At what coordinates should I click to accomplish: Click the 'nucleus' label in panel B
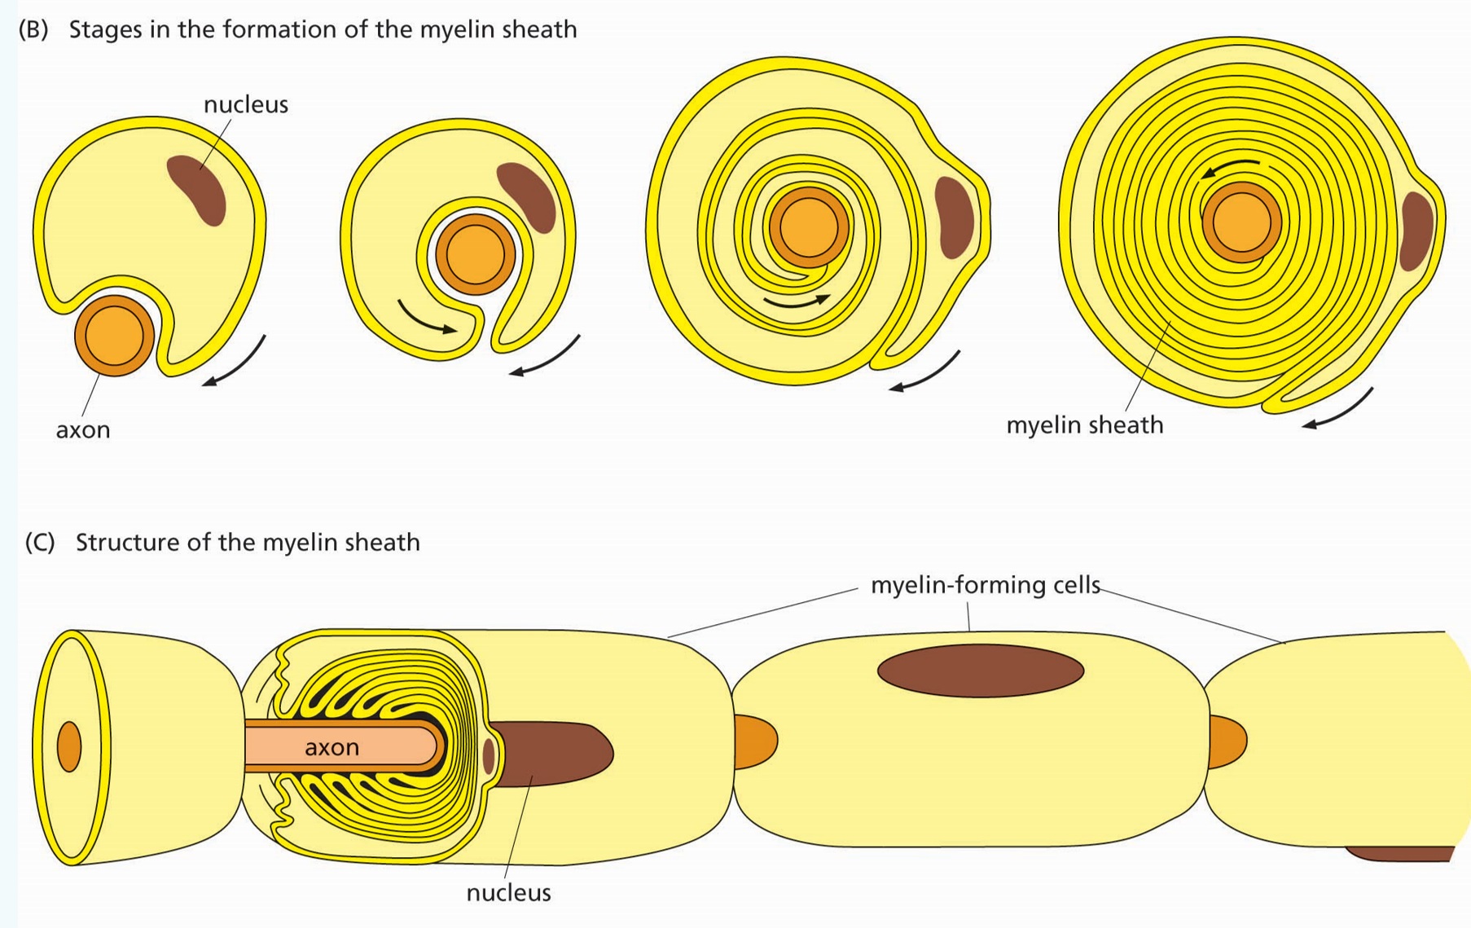click(x=245, y=104)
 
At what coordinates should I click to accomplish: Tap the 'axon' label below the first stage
click(x=82, y=430)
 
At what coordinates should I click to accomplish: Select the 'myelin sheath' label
click(x=1084, y=425)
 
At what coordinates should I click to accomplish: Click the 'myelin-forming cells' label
click(x=985, y=585)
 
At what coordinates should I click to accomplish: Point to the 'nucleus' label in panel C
click(x=508, y=893)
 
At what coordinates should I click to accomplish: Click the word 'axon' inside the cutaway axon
click(x=332, y=747)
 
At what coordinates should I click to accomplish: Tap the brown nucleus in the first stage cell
click(x=197, y=189)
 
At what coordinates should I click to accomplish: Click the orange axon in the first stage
click(x=114, y=335)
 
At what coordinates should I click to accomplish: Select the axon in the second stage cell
click(x=475, y=253)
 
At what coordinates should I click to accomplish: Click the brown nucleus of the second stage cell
click(x=527, y=196)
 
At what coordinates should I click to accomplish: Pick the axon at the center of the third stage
click(x=808, y=227)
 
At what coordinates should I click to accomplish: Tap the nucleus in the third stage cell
click(x=954, y=217)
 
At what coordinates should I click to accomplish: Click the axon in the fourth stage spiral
click(x=1241, y=222)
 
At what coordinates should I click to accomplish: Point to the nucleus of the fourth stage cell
click(x=1416, y=232)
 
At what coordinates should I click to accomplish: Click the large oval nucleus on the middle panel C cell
click(x=980, y=671)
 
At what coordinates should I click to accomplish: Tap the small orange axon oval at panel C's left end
click(x=69, y=746)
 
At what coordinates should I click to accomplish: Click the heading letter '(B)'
click(x=33, y=29)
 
